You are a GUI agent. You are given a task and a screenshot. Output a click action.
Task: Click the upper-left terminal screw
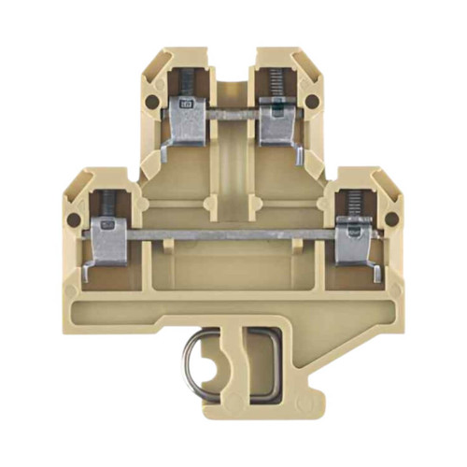coord(185,83)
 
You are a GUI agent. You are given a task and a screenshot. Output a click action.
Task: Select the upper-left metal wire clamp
coord(186,121)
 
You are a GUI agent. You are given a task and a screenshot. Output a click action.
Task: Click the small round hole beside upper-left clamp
coord(153,99)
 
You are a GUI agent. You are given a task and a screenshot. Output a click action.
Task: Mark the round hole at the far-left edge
coord(75,220)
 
